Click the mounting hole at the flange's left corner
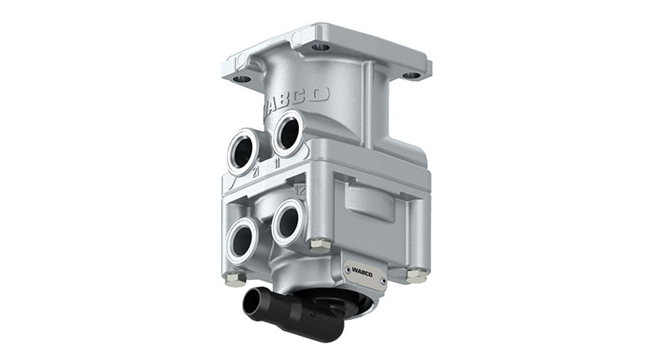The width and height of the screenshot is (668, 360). coord(241,79)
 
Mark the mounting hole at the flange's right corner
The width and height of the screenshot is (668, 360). coord(412,75)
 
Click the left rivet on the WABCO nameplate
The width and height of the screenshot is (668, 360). coord(344,269)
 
